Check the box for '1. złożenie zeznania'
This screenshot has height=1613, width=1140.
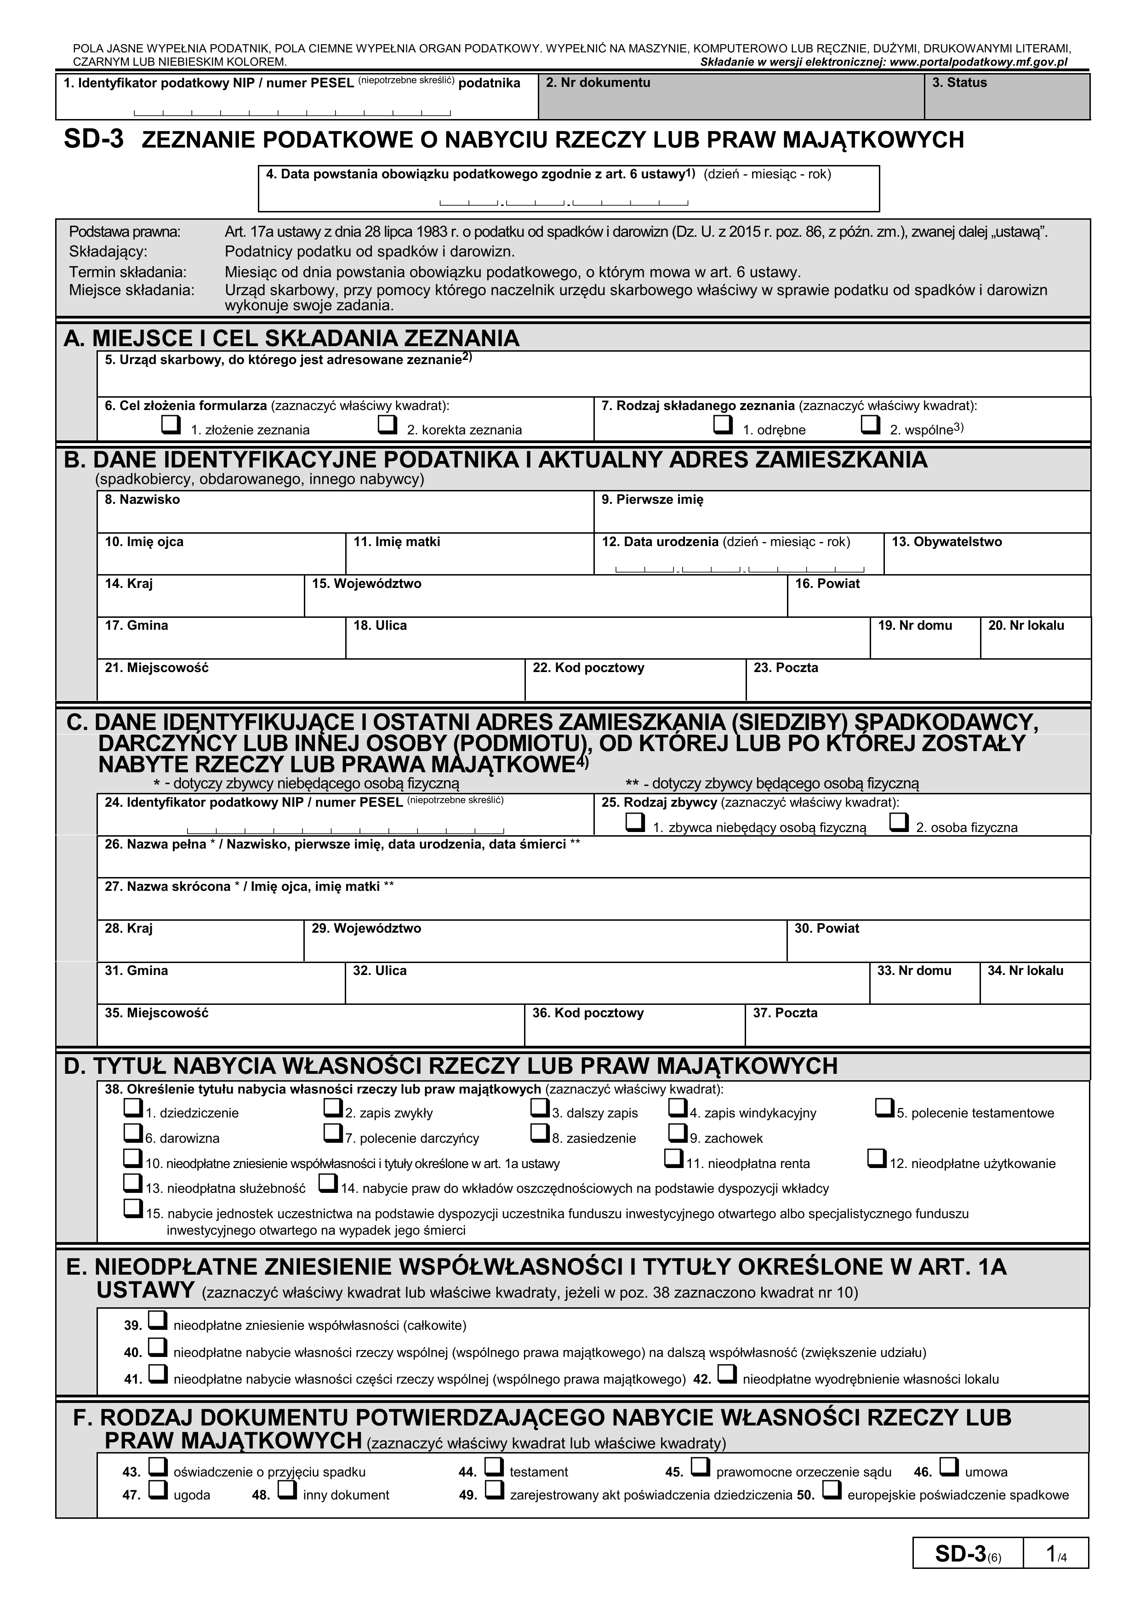[x=170, y=425]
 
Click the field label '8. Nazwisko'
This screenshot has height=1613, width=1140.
[x=142, y=500]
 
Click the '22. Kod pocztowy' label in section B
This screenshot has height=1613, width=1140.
[x=588, y=667]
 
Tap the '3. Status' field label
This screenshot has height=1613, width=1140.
[x=959, y=83]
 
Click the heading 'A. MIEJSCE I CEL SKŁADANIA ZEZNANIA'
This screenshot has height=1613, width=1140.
[x=291, y=339]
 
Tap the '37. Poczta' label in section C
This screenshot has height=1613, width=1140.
[x=785, y=1013]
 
